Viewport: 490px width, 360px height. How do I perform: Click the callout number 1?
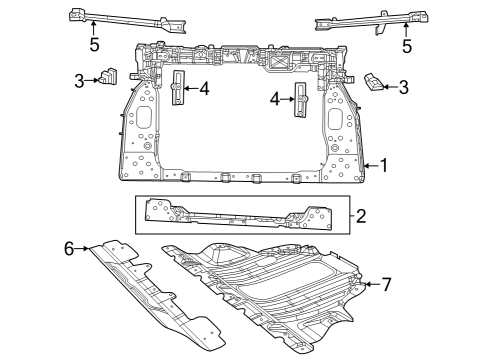click(x=383, y=164)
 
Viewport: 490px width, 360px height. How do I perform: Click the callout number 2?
click(x=361, y=213)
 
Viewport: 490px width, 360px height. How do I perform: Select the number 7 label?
click(x=387, y=285)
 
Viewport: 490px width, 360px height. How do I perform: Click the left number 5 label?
click(x=93, y=44)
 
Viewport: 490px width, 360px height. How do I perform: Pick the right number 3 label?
click(x=404, y=87)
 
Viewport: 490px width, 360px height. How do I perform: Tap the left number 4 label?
click(x=204, y=89)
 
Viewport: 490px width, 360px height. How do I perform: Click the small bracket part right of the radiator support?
click(x=372, y=82)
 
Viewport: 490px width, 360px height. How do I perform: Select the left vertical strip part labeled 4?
click(x=179, y=91)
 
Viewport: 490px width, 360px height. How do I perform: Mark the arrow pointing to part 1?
click(x=370, y=164)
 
